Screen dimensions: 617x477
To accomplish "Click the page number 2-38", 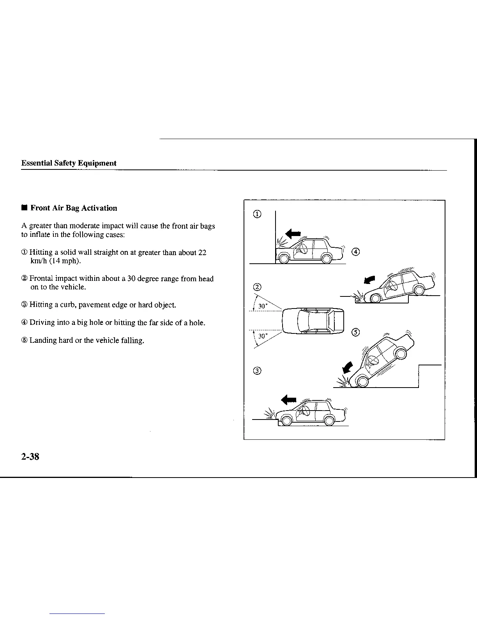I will coord(30,457).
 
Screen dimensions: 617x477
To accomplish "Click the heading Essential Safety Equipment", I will coord(69,163).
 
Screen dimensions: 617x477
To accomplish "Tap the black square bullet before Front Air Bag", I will coord(25,208).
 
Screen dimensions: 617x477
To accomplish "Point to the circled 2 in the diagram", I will coord(257,287).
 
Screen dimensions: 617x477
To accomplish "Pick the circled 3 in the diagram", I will coord(257,370).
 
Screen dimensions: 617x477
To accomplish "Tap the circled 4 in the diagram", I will coord(355,252).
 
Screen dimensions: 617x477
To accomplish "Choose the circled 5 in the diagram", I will coord(355,332).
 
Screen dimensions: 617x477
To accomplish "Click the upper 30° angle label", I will coord(263,306).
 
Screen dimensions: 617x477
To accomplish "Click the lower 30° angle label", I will coord(263,336).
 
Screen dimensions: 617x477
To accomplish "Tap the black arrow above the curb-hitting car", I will coord(289,399).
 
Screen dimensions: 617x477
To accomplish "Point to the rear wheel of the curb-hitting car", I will coord(330,421).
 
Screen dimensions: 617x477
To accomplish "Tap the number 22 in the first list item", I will coord(202,252).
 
